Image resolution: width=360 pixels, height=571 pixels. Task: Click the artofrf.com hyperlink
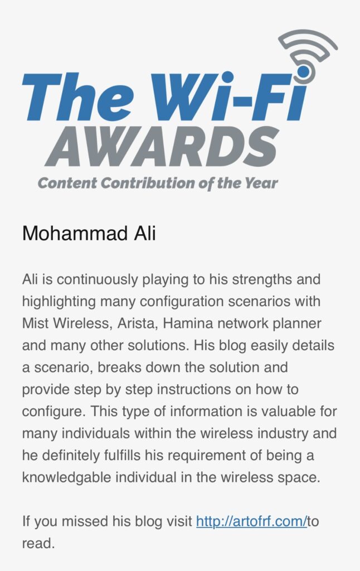[x=251, y=521]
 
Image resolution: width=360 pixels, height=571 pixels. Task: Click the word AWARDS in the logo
[x=162, y=147]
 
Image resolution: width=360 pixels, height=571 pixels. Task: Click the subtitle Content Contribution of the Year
[x=158, y=183]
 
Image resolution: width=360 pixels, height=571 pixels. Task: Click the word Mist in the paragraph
[x=35, y=323]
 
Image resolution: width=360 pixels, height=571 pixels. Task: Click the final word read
[x=38, y=543]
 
